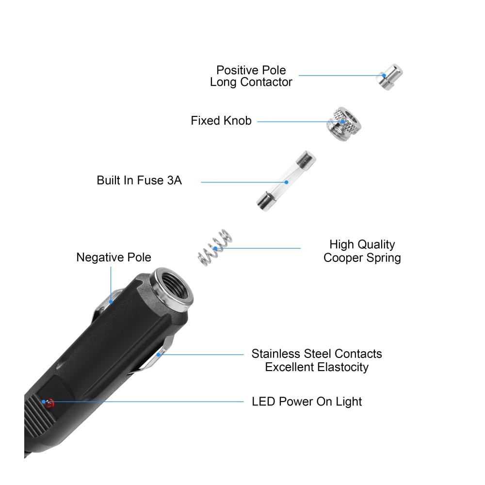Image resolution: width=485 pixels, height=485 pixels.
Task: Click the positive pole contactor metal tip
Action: [389, 77]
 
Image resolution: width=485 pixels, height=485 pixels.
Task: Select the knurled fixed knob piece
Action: [344, 124]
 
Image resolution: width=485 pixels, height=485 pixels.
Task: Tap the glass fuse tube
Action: [287, 181]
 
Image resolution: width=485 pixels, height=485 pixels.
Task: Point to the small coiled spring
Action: [215, 247]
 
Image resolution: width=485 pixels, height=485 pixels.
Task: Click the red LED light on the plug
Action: [49, 403]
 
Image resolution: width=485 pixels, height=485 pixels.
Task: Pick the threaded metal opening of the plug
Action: [172, 289]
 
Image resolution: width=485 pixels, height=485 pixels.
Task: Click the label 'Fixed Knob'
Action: [221, 121]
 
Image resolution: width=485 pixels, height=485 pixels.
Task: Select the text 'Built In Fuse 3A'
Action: [139, 180]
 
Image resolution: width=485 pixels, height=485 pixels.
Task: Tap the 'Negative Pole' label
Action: [113, 258]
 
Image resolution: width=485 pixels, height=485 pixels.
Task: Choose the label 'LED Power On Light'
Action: [307, 402]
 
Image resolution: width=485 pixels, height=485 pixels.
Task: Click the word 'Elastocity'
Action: [343, 367]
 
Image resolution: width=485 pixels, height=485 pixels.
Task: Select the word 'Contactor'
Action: [266, 82]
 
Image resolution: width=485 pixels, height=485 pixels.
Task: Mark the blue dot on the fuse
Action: [287, 182]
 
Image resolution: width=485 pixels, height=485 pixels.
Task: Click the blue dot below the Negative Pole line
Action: [111, 302]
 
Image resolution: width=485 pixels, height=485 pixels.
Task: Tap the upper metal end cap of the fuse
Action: [306, 160]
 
